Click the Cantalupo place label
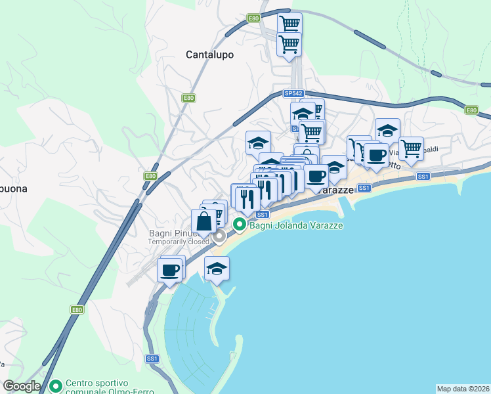[209, 55]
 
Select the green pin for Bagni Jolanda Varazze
[240, 225]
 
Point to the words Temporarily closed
[179, 242]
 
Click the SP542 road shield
[293, 94]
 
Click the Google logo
[22, 386]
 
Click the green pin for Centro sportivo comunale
[56, 385]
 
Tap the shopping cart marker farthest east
[412, 148]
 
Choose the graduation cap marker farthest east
[387, 131]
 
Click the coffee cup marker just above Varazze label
[316, 176]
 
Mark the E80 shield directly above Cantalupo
[253, 18]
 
